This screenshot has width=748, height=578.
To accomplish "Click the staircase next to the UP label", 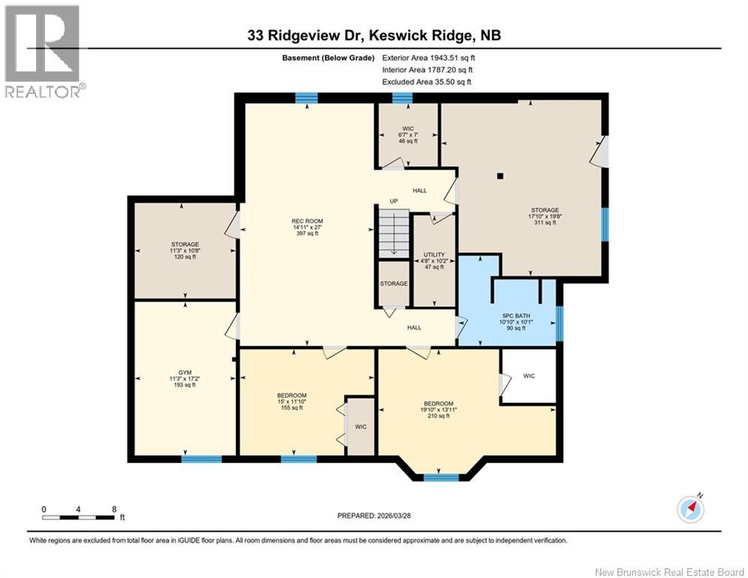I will click(393, 233).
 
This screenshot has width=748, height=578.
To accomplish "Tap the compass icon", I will click(691, 509).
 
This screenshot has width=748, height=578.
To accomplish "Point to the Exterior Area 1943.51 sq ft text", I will click(429, 57).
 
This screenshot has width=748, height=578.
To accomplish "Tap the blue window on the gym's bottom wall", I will click(201, 458).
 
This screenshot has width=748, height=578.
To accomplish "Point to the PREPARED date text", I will click(375, 516).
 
